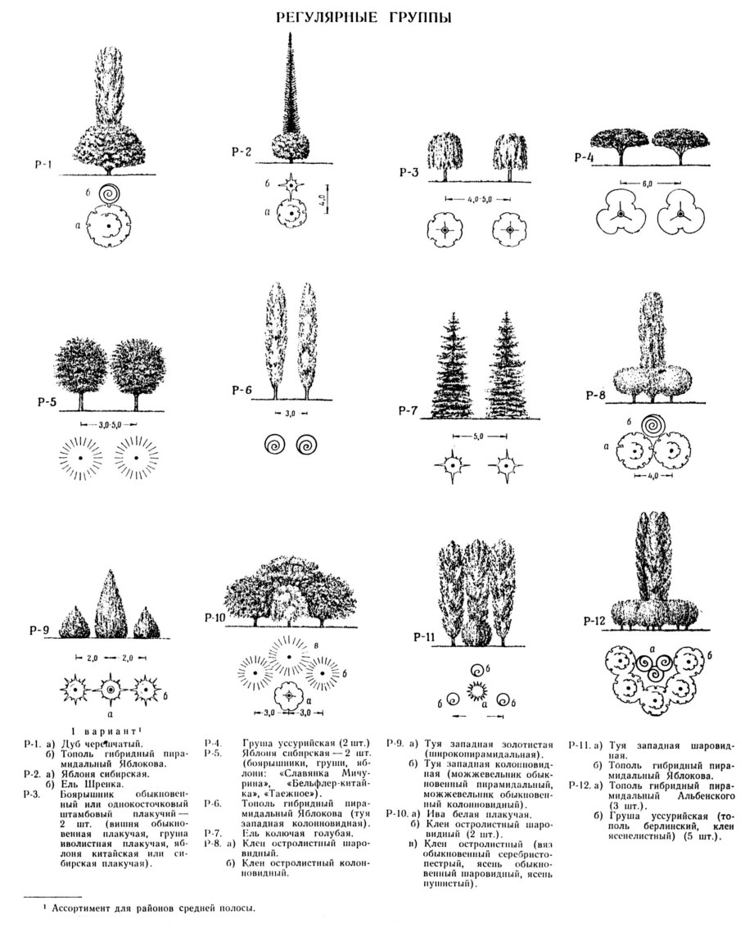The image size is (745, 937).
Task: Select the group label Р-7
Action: click(410, 410)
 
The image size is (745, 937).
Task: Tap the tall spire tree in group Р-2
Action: click(291, 90)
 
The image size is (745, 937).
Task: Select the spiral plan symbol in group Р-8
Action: click(652, 426)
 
